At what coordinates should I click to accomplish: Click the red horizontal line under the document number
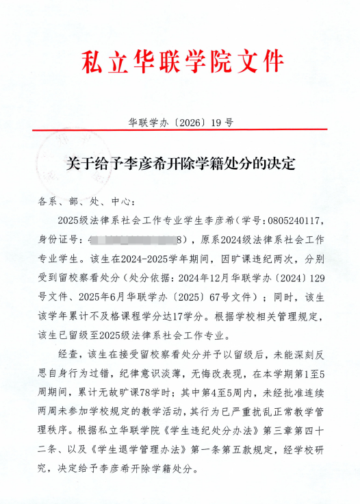click(x=181, y=130)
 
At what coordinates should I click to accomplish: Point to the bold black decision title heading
click(x=180, y=164)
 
